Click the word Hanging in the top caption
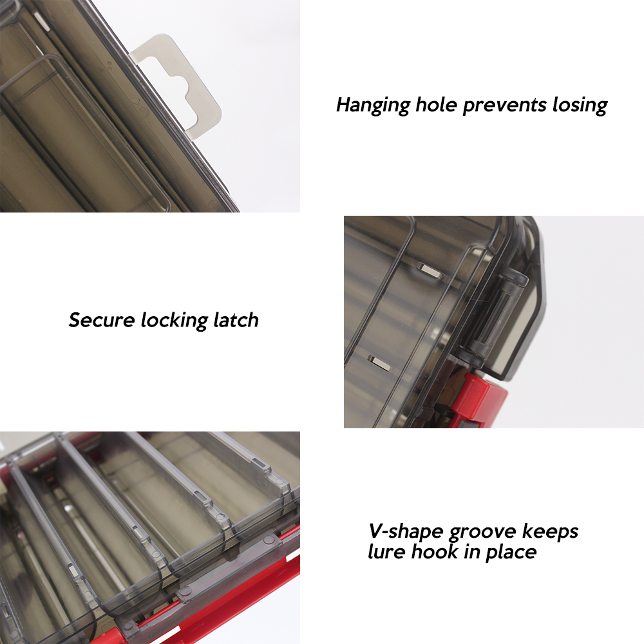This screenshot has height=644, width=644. pos(373,106)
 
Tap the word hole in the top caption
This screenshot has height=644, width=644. pos(436,104)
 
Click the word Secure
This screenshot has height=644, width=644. pos(102,320)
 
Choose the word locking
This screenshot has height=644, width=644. pos(174,321)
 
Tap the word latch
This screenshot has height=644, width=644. pos(236,320)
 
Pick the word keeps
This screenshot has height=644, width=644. pos(551,532)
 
